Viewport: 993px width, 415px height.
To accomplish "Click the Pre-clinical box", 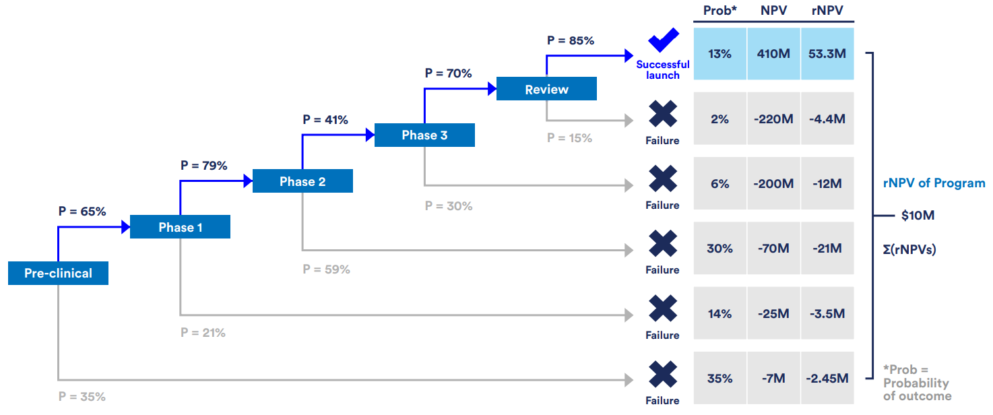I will click(58, 274).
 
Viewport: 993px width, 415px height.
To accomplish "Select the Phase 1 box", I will click(180, 227).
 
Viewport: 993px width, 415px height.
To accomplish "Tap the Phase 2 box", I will click(302, 181).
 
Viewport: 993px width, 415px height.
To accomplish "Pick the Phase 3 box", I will click(424, 135).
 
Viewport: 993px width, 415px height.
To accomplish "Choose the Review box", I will click(546, 89).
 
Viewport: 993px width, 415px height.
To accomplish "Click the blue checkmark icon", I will click(663, 40).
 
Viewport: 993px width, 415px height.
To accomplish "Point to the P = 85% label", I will click(570, 40).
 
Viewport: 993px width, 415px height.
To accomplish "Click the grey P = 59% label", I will click(326, 269).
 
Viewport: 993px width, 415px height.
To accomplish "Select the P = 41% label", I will click(325, 120).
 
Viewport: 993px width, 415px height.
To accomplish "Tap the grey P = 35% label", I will click(82, 397).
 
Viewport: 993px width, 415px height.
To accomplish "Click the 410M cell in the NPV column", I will click(773, 54).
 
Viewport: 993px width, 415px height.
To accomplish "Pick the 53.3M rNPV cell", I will click(827, 54).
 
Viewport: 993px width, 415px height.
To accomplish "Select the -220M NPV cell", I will click(773, 119).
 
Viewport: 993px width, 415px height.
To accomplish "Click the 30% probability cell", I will click(719, 249).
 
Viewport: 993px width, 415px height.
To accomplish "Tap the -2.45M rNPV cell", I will click(827, 379).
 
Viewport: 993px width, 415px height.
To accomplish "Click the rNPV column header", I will click(827, 11).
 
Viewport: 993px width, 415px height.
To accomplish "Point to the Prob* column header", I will click(719, 11).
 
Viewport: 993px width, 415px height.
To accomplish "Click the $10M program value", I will click(918, 216).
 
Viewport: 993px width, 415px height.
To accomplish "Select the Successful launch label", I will click(663, 69).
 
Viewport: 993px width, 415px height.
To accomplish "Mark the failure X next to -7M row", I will click(663, 374).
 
